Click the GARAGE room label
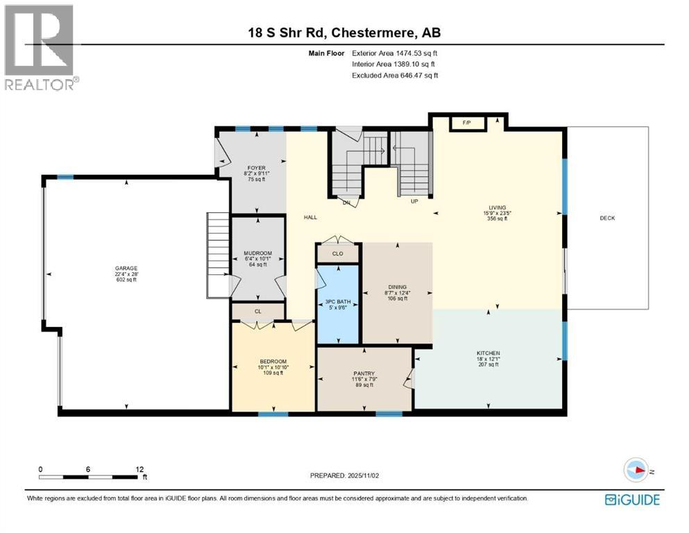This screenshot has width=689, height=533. click(x=126, y=268)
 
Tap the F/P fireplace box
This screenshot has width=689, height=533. click(x=466, y=123)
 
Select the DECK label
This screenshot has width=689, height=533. click(x=607, y=218)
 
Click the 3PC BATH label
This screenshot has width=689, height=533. click(x=337, y=301)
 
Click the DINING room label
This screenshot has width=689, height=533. click(x=397, y=287)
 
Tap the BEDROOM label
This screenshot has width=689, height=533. click(x=273, y=362)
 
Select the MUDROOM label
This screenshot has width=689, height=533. click(x=257, y=253)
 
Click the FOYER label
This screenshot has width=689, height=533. click(x=257, y=168)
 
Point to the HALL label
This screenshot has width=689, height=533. click(x=310, y=217)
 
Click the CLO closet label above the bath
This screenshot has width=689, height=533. click(x=337, y=254)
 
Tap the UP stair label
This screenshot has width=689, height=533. click(x=415, y=203)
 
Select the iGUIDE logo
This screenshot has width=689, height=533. click(x=632, y=500)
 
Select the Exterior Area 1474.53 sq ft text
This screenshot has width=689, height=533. click(x=395, y=53)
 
